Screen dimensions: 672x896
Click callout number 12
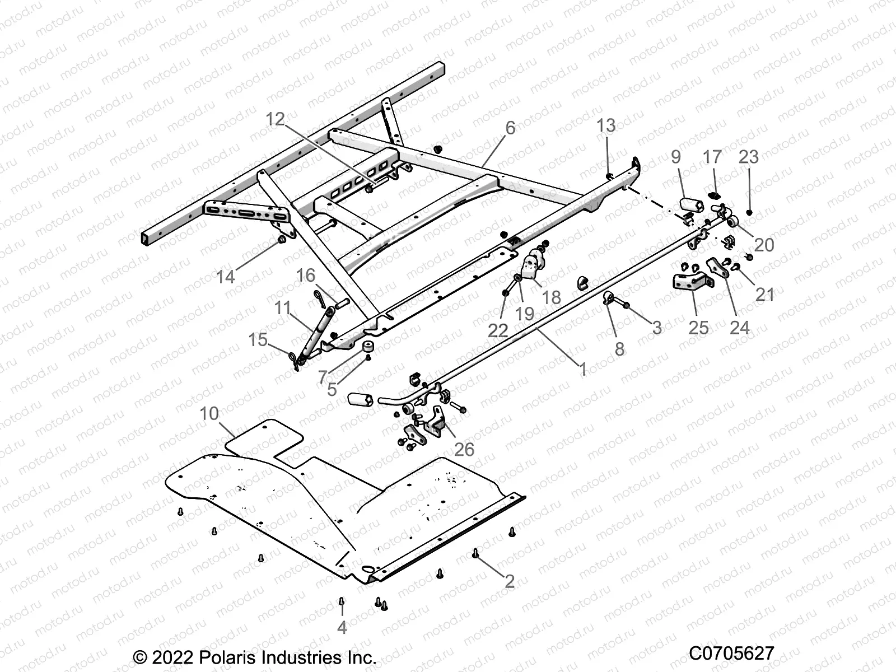click(275, 119)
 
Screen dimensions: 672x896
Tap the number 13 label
click(606, 125)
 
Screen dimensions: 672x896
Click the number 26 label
click(464, 449)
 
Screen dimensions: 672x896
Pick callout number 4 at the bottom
click(342, 628)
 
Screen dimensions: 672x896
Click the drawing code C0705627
click(731, 654)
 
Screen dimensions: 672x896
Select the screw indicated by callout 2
click(475, 553)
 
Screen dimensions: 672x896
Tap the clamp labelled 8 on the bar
click(609, 298)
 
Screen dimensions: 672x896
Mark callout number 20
click(764, 245)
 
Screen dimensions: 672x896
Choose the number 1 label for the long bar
click(582, 369)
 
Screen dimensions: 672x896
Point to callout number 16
click(306, 276)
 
